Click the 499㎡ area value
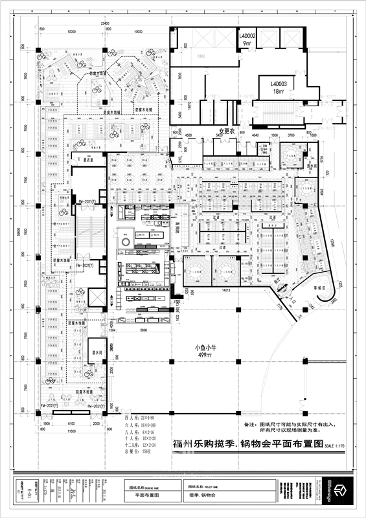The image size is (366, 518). (x=207, y=355)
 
